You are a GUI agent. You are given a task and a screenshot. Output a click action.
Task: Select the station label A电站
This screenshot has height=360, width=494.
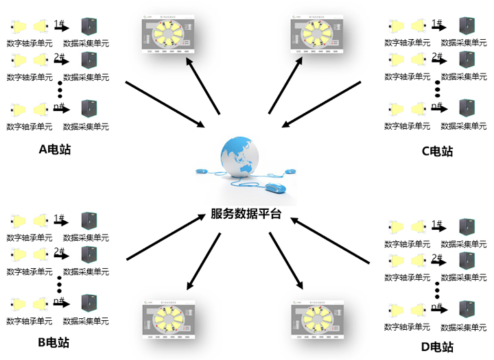coord(54,149)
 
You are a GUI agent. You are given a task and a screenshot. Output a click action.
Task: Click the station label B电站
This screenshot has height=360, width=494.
coord(54,342)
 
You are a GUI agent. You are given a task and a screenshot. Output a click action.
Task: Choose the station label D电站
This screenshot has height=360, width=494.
coord(437,347)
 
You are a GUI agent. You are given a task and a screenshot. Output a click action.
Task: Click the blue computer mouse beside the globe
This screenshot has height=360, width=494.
coord(274,187)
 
